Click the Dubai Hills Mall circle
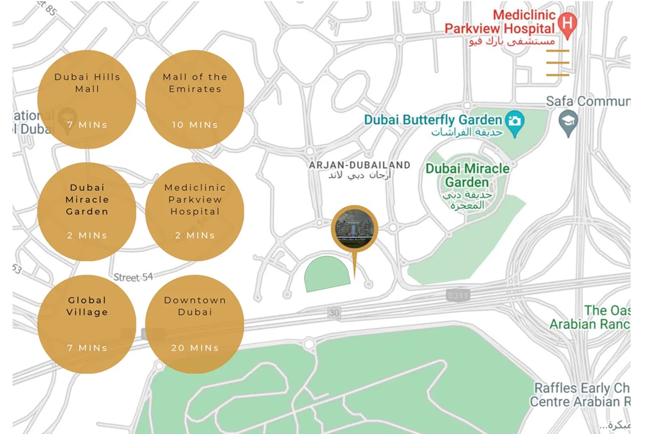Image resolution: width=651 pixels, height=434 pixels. click(87, 99)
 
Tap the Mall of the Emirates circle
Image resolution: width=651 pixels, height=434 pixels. click(195, 99)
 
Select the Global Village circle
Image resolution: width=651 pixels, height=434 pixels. click(87, 324)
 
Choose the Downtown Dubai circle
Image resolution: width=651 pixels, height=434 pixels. click(195, 324)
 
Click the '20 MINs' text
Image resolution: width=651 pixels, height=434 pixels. click(195, 348)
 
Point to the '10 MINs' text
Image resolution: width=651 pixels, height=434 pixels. click(195, 125)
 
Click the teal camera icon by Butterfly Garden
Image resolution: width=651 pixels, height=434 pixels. click(514, 119)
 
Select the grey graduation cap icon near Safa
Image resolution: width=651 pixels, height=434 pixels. click(569, 120)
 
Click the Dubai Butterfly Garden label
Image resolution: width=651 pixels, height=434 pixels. click(433, 120)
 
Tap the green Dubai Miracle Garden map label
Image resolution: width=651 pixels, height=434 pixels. click(467, 175)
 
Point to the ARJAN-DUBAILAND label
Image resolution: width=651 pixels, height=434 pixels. click(359, 165)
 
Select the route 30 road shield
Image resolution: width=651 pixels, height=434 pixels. click(334, 313)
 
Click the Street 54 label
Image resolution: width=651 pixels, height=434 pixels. click(133, 277)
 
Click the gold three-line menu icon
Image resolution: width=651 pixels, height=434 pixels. click(558, 62)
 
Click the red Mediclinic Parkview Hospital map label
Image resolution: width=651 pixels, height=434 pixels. click(499, 22)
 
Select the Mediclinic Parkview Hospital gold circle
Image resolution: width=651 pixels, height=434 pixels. click(195, 212)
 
